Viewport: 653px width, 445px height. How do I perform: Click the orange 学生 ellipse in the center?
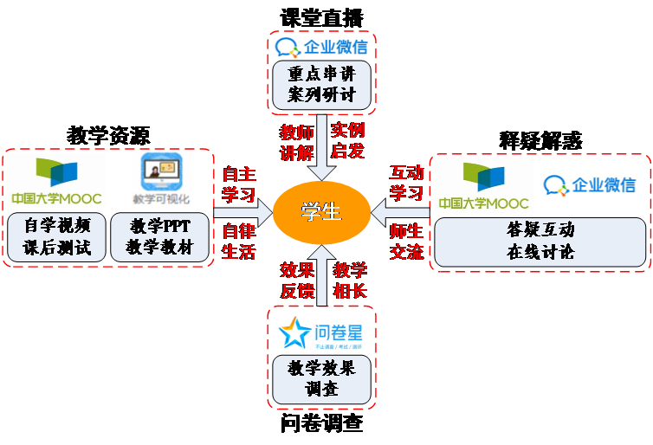[x=321, y=212]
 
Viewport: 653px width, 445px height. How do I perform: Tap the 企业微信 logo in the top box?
[x=321, y=47]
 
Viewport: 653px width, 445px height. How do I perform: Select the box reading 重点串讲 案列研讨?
[x=321, y=84]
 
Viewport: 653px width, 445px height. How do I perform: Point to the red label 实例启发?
[x=348, y=142]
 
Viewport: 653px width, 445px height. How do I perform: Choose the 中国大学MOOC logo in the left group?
[x=56, y=180]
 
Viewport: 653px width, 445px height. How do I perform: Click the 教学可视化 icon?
[x=162, y=180]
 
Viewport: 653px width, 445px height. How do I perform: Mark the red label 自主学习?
[x=239, y=182]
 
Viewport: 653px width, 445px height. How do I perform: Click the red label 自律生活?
[x=239, y=241]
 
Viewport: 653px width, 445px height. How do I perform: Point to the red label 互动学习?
[x=407, y=182]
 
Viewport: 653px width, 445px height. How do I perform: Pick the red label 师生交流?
[x=407, y=242]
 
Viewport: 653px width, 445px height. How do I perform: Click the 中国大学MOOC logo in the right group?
[x=482, y=184]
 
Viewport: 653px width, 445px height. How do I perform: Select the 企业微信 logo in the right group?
[x=590, y=184]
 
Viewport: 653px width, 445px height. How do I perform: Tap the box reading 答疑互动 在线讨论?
[x=540, y=242]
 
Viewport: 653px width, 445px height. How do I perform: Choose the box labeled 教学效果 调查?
[x=321, y=378]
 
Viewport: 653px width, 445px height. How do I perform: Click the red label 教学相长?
[x=350, y=281]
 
